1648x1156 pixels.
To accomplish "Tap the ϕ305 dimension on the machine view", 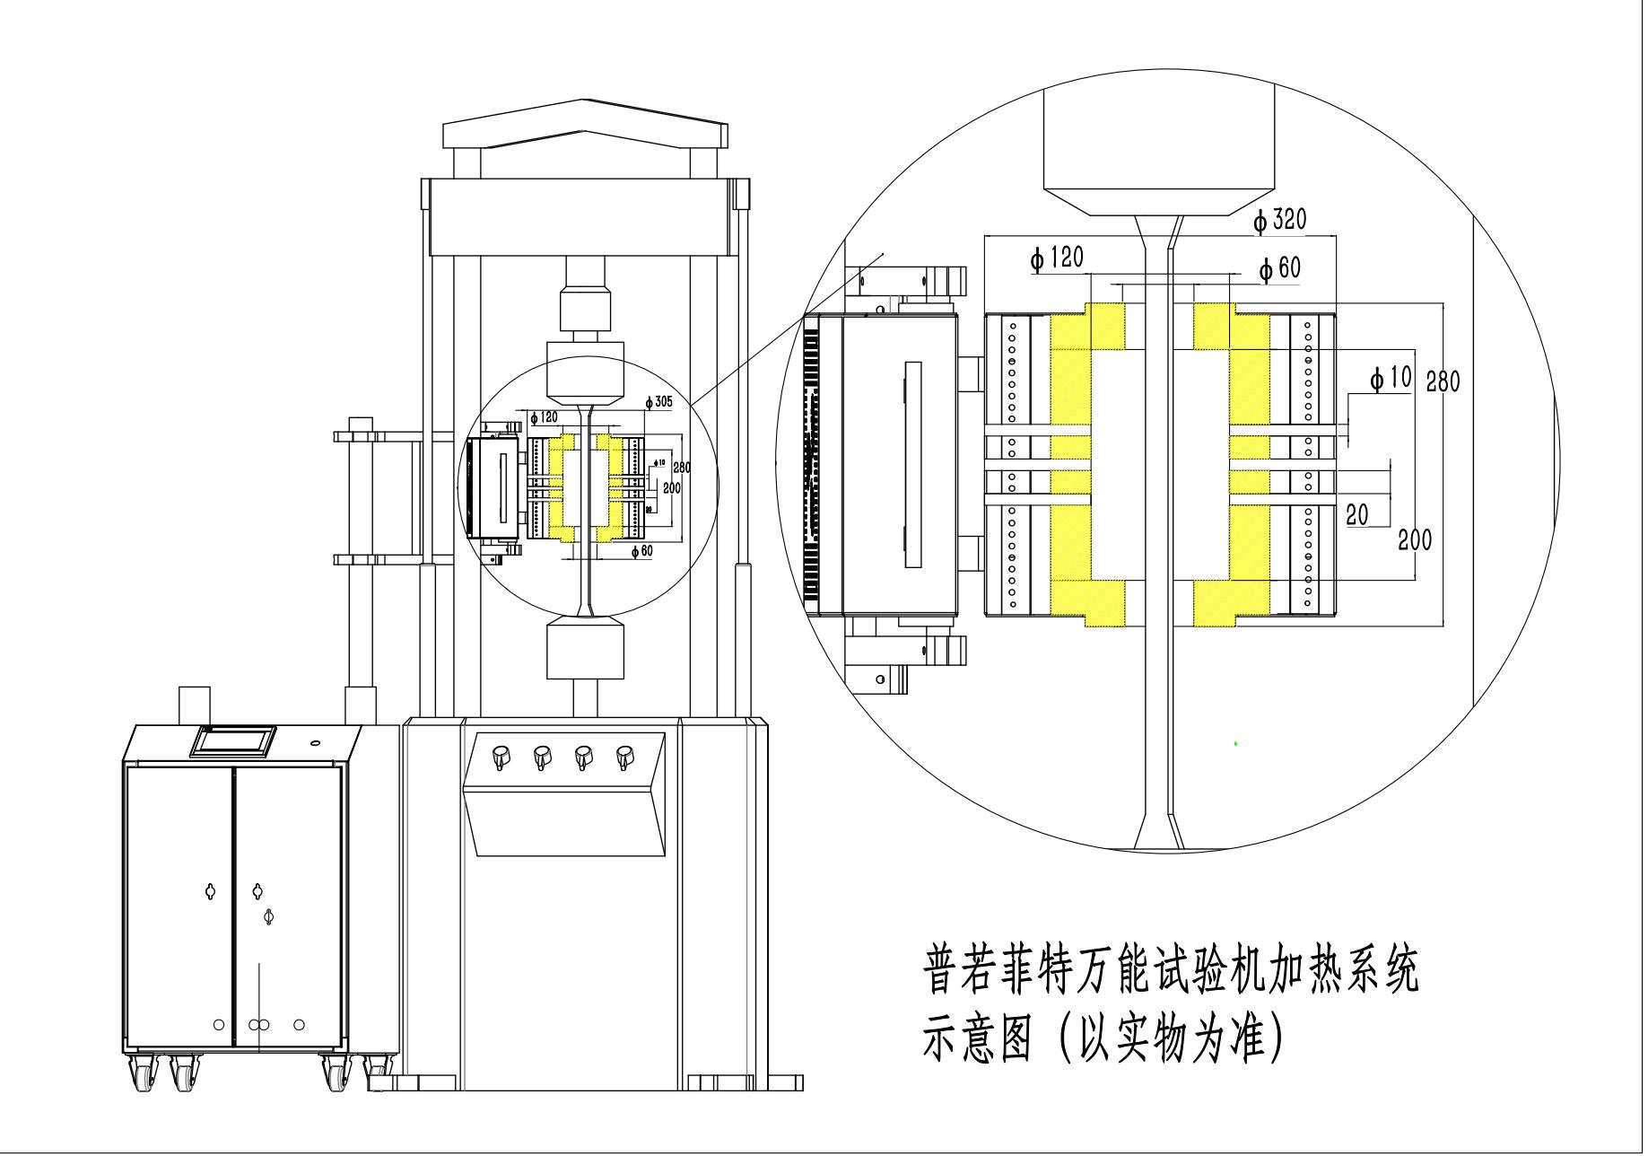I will tap(659, 401).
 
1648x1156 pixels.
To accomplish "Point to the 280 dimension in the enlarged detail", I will tap(1443, 381).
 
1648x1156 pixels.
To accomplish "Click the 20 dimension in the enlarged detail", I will tap(1357, 514).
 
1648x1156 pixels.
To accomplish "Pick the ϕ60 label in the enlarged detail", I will tap(1279, 268).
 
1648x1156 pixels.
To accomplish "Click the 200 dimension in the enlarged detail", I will tap(1415, 539).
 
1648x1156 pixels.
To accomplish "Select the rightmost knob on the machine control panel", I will tap(624, 758).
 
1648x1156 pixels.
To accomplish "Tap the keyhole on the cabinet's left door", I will tap(211, 891).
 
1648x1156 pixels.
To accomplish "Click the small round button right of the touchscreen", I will tap(315, 742).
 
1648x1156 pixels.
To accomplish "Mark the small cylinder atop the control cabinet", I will tap(194, 705).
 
